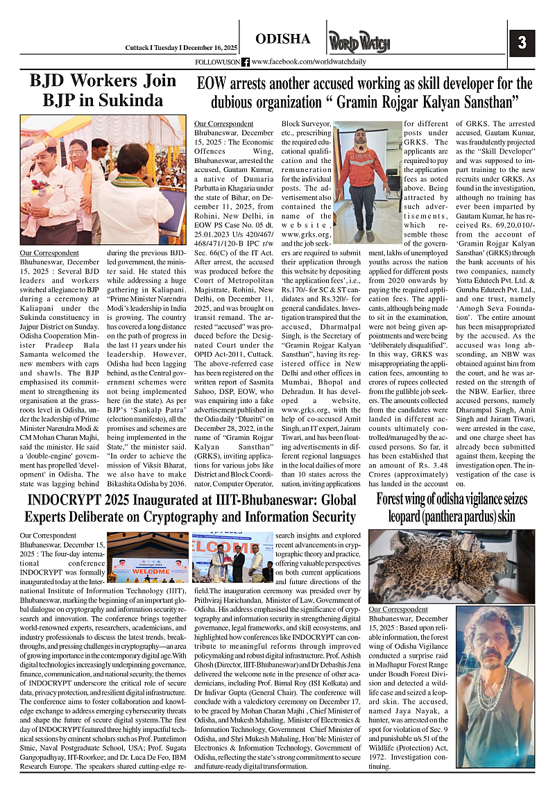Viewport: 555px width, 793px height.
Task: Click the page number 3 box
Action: pyautogui.click(x=522, y=44)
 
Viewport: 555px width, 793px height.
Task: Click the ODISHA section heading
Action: pyautogui.click(x=282, y=39)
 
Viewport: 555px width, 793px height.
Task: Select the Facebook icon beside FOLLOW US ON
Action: pyautogui.click(x=246, y=62)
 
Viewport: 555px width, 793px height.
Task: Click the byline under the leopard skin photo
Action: pyautogui.click(x=398, y=609)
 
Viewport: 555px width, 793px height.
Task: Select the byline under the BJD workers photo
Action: pyautogui.click(x=49, y=253)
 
